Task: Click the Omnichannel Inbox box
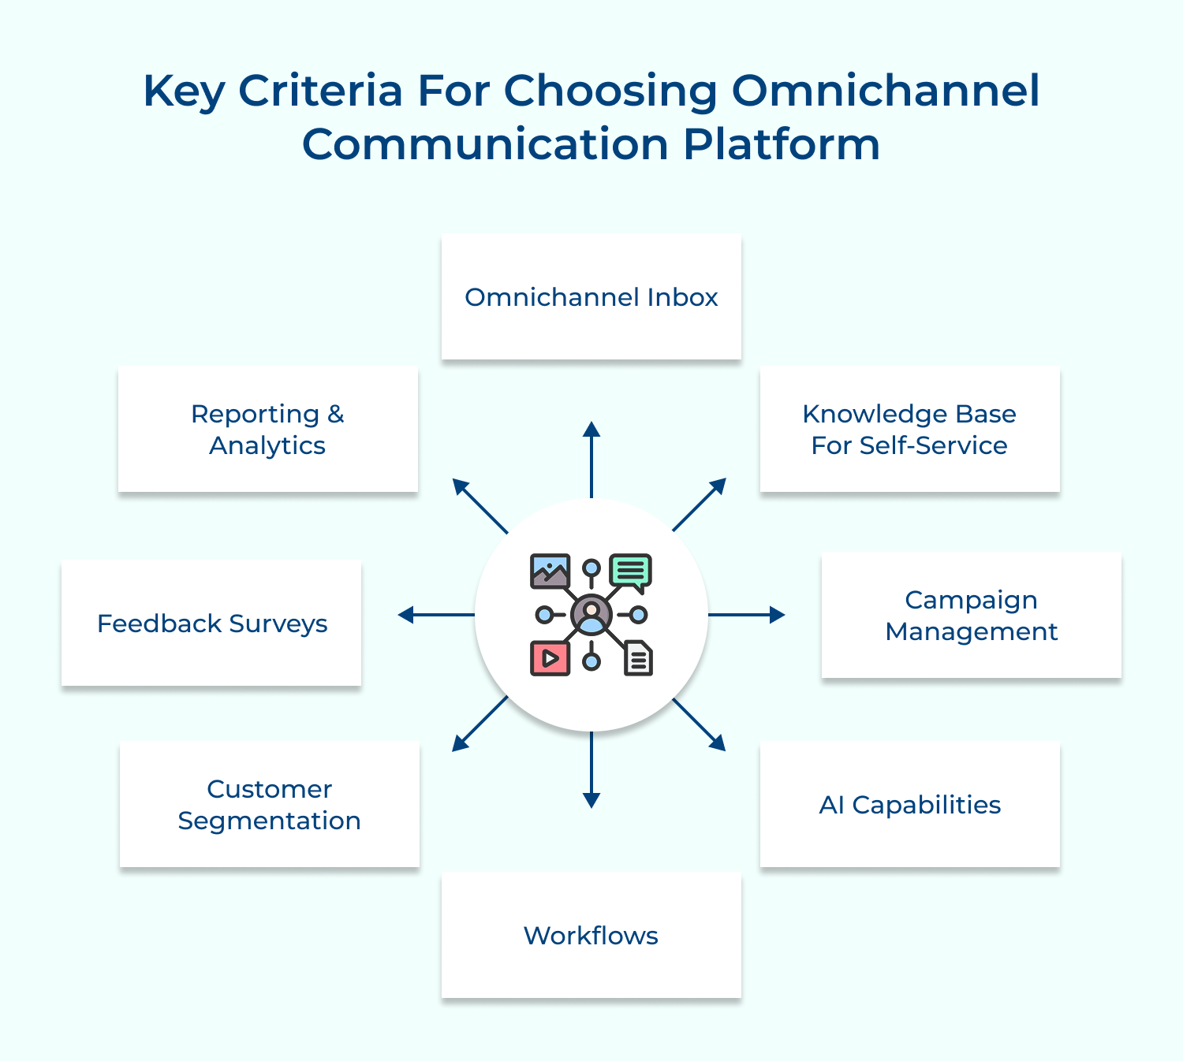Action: coord(591,296)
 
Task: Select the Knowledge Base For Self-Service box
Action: coord(909,429)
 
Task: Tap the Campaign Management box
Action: coord(971,615)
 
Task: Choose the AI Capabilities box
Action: coord(909,804)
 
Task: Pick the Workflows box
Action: coord(591,935)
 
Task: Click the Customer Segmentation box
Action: coord(269,804)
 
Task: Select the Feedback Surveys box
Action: coord(211,623)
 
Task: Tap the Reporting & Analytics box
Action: coord(268,429)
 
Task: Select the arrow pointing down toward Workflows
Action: coord(591,769)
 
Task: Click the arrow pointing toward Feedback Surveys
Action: coord(436,615)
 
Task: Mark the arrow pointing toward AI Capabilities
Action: coord(699,724)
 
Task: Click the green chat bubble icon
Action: coord(631,571)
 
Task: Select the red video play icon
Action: coord(550,658)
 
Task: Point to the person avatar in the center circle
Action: coord(591,615)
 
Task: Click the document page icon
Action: coord(638,658)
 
